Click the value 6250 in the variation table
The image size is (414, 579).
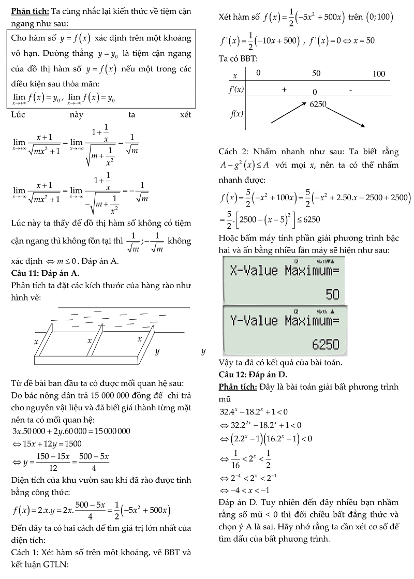318,104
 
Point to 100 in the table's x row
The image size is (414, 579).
379,74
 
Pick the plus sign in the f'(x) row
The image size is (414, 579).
284,90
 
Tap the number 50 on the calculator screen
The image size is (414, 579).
332,294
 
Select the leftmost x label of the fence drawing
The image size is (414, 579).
36,342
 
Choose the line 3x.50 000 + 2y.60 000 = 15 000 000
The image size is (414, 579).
71,431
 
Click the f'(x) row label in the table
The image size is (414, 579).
236,90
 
